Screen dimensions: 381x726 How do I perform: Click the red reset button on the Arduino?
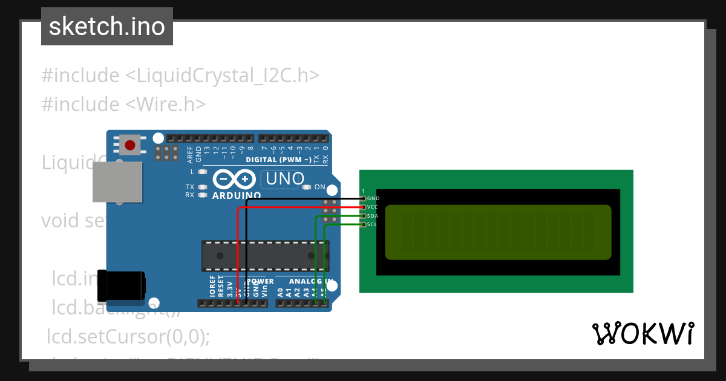(129, 145)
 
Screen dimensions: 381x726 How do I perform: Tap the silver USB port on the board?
(117, 181)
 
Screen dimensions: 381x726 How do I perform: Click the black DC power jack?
(122, 285)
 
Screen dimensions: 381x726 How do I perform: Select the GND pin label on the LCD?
(373, 198)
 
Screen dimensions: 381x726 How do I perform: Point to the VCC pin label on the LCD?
(373, 207)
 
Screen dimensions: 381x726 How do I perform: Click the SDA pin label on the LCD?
(373, 216)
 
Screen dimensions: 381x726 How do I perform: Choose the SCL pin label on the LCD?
(372, 225)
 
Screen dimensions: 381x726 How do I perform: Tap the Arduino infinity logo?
(234, 180)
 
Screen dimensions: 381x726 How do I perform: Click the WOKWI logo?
(643, 334)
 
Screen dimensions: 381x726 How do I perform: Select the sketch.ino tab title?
(107, 27)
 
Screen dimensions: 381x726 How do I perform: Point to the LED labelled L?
(202, 172)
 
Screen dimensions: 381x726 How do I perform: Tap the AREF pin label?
(190, 155)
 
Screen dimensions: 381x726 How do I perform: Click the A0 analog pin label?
(280, 291)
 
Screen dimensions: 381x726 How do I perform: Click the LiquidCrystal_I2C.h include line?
(180, 76)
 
